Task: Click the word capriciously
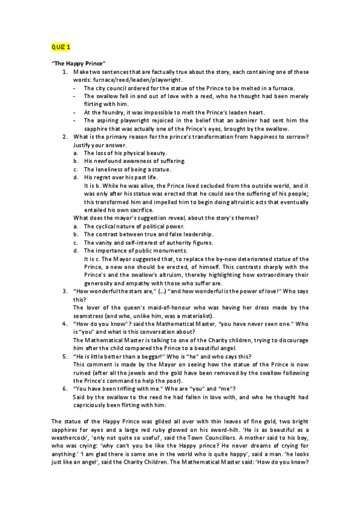95,405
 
